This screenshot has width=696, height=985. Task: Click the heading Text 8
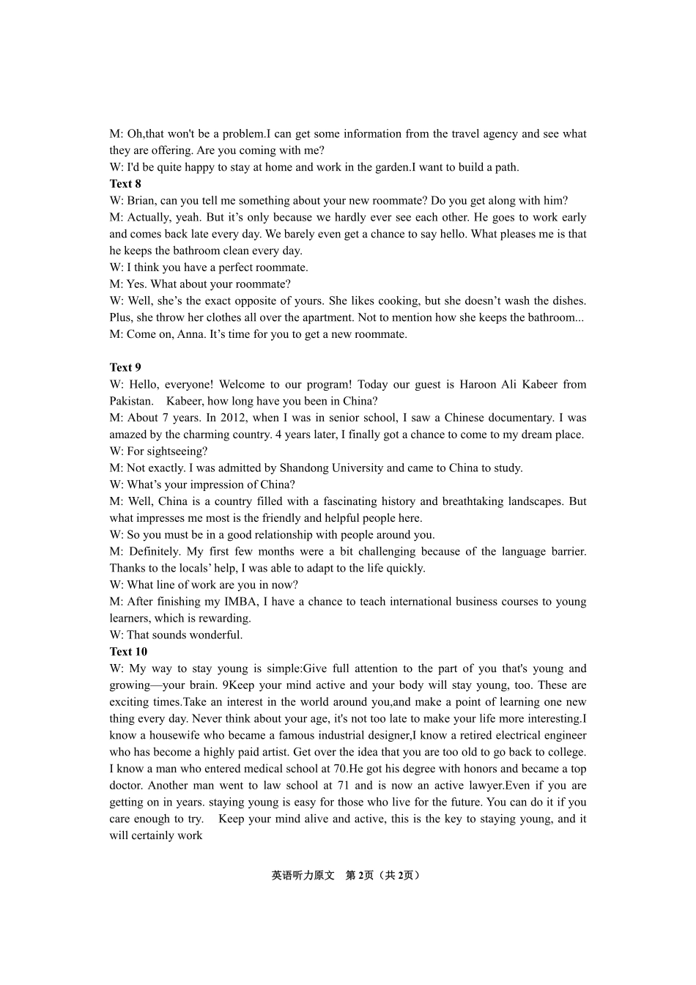click(125, 184)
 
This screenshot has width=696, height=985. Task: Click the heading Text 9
click(125, 368)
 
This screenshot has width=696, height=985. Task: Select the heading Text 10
click(128, 652)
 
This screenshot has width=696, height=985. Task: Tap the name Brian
click(141, 201)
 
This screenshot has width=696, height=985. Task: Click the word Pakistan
click(131, 401)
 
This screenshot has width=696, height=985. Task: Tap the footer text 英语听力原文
click(303, 875)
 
